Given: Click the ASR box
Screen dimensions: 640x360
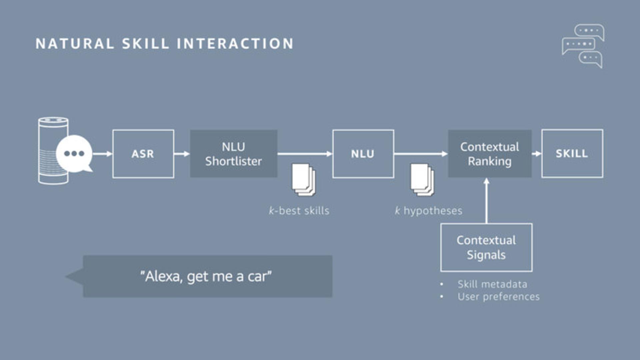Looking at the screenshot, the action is click(x=143, y=154).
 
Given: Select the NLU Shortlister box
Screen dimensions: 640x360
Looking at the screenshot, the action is click(x=233, y=154).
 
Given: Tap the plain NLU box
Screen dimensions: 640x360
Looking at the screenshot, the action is click(x=363, y=154).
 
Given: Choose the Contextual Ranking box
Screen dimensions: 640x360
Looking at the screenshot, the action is click(x=490, y=154).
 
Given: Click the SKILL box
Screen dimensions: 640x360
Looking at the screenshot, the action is click(x=572, y=153).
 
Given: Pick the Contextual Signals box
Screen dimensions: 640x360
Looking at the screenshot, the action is click(x=486, y=247).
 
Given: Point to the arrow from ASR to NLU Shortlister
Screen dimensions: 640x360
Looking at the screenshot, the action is click(x=182, y=154).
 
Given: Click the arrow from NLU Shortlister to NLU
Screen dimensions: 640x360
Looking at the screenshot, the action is click(x=305, y=154).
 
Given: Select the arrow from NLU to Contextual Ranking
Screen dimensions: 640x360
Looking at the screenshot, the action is click(x=421, y=154).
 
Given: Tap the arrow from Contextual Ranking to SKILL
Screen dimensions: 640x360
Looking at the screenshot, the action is click(x=537, y=154).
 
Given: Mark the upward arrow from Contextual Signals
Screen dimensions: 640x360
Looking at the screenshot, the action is click(x=486, y=201).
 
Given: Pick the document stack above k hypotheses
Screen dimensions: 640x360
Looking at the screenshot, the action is click(x=422, y=180).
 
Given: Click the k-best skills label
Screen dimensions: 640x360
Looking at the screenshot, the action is click(x=299, y=211).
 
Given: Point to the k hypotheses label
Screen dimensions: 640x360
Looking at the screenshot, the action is click(x=428, y=211).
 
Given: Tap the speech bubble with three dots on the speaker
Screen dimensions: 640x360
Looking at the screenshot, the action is click(x=74, y=154).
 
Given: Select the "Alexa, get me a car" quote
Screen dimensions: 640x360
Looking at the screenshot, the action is click(x=206, y=276).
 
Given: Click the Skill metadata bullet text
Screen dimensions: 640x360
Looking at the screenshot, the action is click(x=492, y=284).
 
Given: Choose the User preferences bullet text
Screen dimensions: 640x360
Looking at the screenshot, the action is click(x=498, y=297).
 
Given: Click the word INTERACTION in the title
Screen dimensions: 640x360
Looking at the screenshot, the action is click(x=235, y=44).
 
